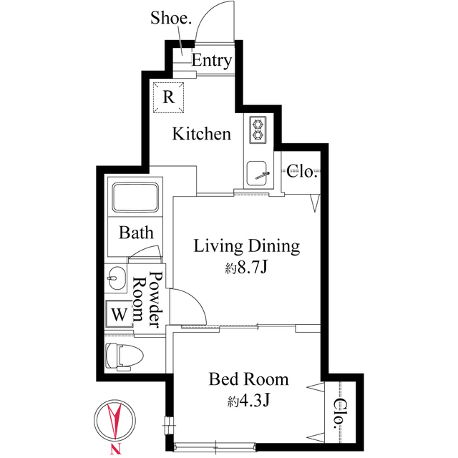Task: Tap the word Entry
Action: [211, 61]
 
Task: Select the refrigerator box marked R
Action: [169, 96]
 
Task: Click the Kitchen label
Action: [203, 134]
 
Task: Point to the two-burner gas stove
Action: [257, 130]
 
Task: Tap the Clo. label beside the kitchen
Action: [302, 171]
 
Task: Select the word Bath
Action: [136, 233]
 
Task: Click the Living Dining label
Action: [247, 247]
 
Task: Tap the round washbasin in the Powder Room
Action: [115, 278]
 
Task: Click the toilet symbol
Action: [123, 355]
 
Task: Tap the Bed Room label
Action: [248, 379]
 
